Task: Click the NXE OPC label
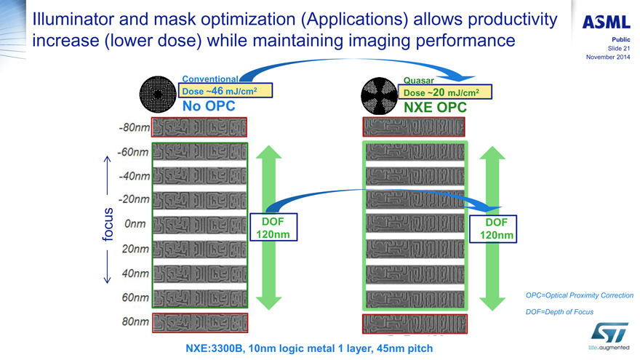(435, 108)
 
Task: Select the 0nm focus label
(137, 225)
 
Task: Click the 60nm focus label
(136, 297)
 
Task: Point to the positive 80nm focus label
(136, 321)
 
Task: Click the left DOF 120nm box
(273, 228)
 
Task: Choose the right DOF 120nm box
(496, 228)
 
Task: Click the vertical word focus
(108, 225)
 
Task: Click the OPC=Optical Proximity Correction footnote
(579, 295)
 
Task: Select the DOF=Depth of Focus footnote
(559, 312)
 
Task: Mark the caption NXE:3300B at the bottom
(309, 348)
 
